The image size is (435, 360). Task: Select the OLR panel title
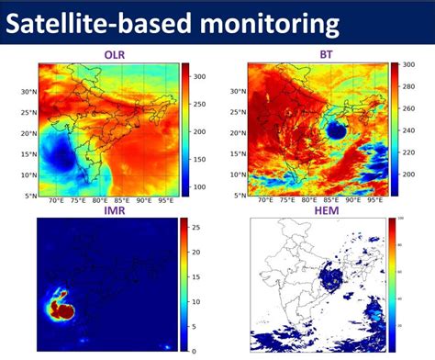click(x=115, y=54)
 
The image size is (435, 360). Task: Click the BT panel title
click(x=327, y=54)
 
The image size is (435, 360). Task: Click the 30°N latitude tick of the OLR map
click(x=28, y=92)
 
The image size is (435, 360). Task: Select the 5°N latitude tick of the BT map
click(x=240, y=196)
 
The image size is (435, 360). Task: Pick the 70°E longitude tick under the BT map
click(x=266, y=202)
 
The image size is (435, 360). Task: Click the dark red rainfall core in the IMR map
click(x=64, y=309)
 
